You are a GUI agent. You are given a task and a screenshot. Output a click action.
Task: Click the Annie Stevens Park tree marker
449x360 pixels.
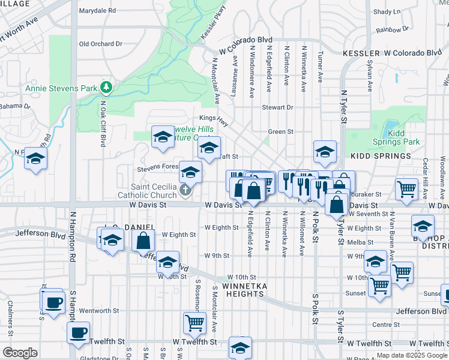coord(106,88)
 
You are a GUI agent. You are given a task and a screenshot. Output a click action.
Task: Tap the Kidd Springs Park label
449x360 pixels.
coord(403,137)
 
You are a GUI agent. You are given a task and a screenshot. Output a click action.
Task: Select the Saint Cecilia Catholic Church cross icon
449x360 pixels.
coord(185,191)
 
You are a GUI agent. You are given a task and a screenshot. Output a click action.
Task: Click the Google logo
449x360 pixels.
coord(20,353)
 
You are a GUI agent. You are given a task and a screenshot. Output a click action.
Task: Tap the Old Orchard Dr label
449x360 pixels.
coord(100,44)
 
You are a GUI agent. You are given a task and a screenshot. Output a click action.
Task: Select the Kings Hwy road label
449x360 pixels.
coord(214,121)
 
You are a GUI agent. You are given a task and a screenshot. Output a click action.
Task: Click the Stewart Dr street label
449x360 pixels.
coord(277,107)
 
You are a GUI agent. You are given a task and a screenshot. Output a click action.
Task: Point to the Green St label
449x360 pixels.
coord(280,131)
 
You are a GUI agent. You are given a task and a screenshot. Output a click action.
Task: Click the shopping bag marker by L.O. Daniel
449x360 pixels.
coord(144,241)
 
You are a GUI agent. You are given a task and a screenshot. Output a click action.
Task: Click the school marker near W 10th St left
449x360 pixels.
coord(168,262)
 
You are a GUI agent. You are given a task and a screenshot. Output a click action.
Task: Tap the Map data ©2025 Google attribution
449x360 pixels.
coord(411,355)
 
